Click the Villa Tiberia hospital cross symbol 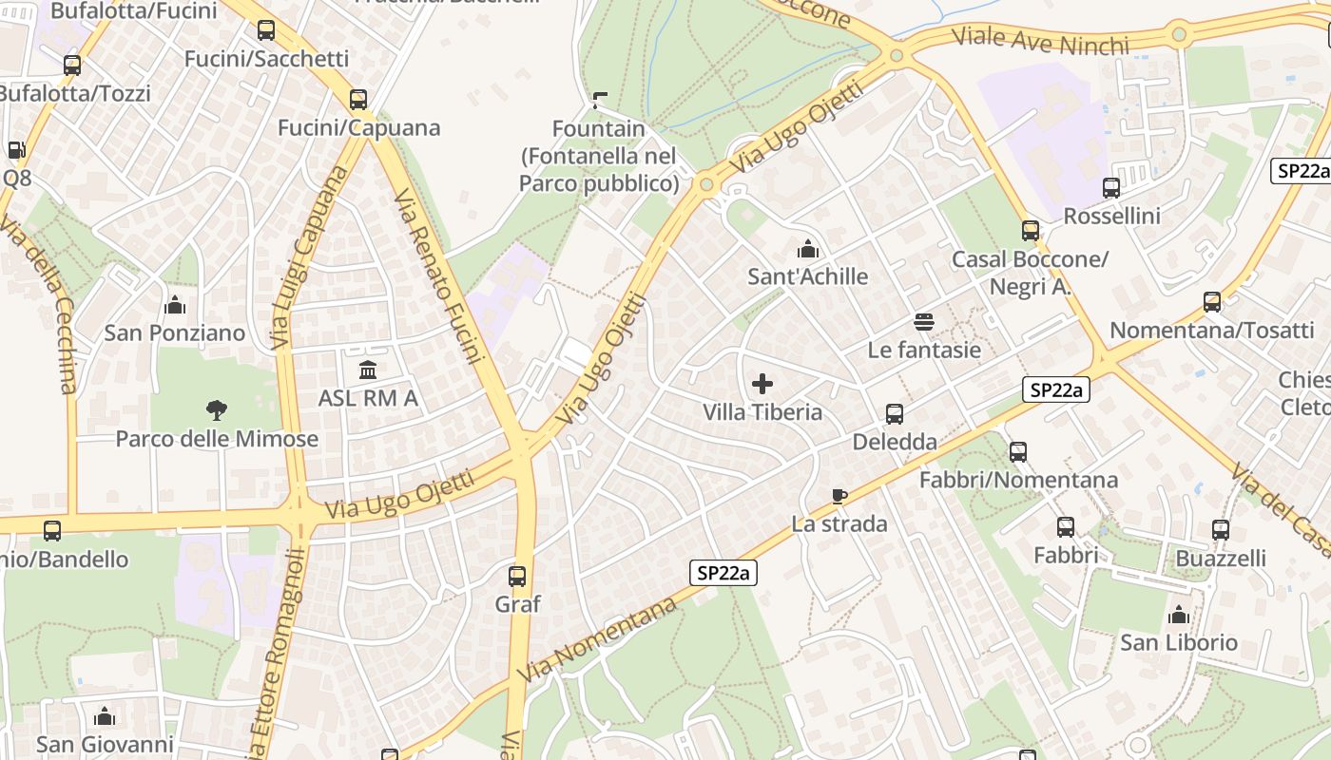pos(762,385)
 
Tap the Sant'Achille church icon pos(808,250)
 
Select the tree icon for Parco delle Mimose pos(217,410)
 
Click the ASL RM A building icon pos(368,370)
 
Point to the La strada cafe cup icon pos(839,496)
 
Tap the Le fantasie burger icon pos(924,322)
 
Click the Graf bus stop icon pos(517,576)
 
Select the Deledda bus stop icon pos(895,414)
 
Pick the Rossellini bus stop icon pos(1111,188)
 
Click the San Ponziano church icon pos(175,305)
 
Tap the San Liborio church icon pos(1179,615)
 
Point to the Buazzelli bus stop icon pos(1221,530)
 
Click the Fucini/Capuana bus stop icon pos(358,100)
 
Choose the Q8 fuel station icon pos(16,150)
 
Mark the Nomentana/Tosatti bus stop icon pos(1212,302)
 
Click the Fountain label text pos(599,128)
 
